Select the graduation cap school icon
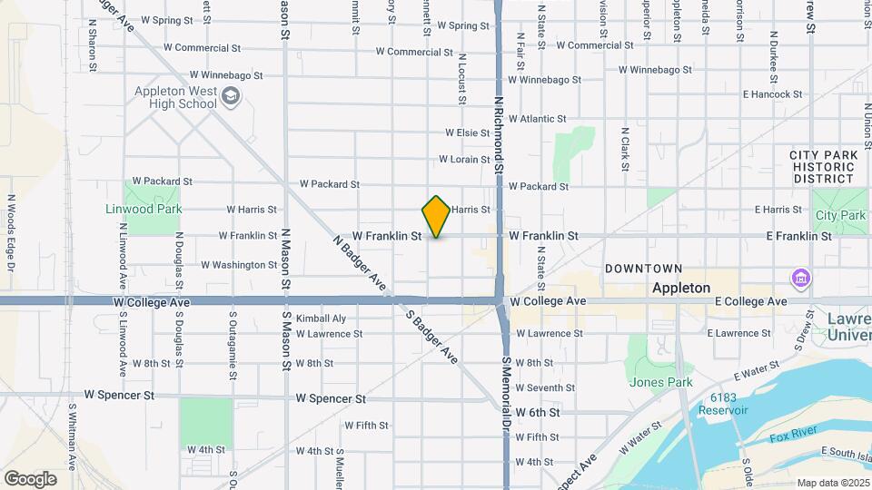coord(232,96)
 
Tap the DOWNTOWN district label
coord(643,269)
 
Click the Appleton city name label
coord(681,288)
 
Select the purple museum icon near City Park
coord(799,277)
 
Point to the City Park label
coord(840,216)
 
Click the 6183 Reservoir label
coord(723,404)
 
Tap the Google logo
coord(30,478)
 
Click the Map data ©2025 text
coord(832,483)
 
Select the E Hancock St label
coord(773,94)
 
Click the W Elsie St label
coord(467,132)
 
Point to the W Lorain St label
coord(464,159)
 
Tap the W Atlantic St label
coord(537,119)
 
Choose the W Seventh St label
coord(545,387)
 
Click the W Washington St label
coord(239,265)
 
